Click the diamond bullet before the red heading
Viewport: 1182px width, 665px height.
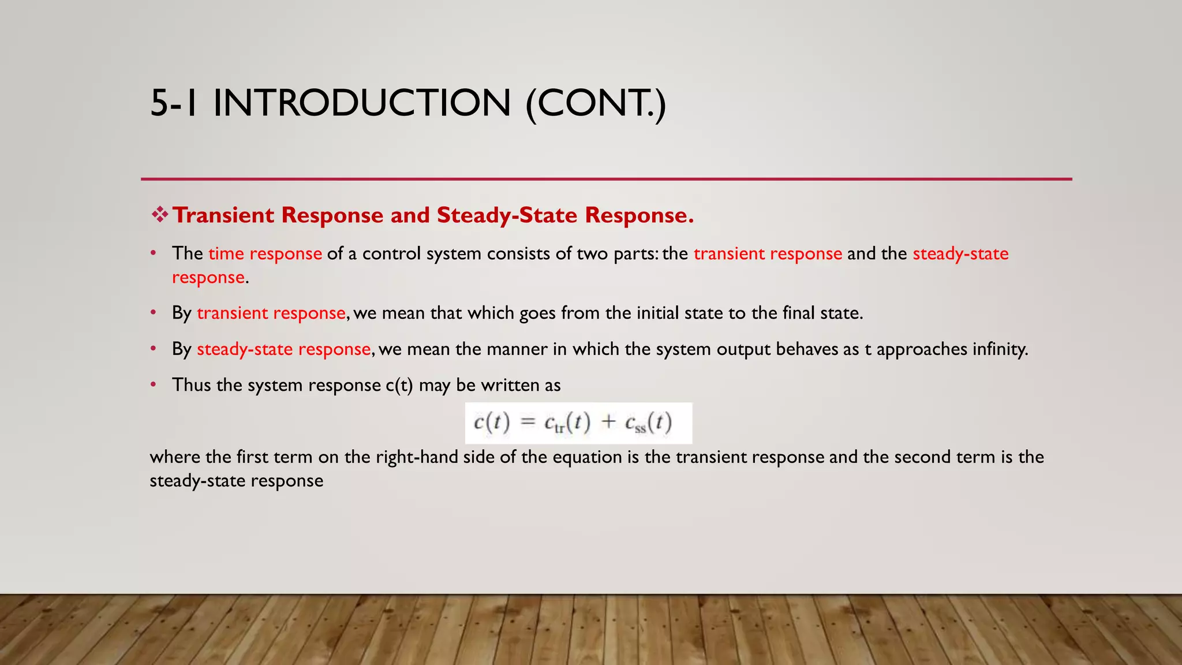159,215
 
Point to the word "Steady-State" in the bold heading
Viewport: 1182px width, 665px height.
507,215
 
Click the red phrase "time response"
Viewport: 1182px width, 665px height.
265,253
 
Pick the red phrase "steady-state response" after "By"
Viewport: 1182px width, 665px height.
283,349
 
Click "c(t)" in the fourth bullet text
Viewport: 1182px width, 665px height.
399,385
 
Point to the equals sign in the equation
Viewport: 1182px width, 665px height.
528,422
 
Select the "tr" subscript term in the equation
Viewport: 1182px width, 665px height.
559,428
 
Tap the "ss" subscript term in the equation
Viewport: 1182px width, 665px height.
640,428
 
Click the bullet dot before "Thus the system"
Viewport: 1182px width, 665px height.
154,384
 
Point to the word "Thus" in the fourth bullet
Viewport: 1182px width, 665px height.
191,385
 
